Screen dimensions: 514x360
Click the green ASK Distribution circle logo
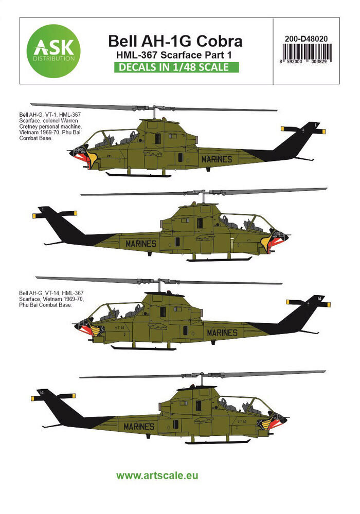click(51, 50)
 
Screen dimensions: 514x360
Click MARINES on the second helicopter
click(140, 243)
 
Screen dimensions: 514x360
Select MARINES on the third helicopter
click(222, 333)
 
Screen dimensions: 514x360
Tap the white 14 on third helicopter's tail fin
click(319, 298)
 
